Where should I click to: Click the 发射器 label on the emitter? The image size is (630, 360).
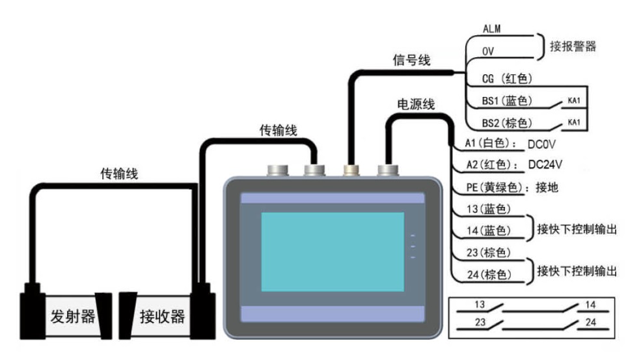[72, 317]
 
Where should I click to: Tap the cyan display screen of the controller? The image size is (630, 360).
[332, 250]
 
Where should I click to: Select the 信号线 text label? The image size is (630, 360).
[411, 60]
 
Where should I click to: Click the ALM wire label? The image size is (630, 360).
[491, 29]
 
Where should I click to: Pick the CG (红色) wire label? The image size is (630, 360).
[507, 79]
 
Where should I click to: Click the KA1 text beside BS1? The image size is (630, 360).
[574, 101]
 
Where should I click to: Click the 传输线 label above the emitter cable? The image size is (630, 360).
[118, 174]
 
